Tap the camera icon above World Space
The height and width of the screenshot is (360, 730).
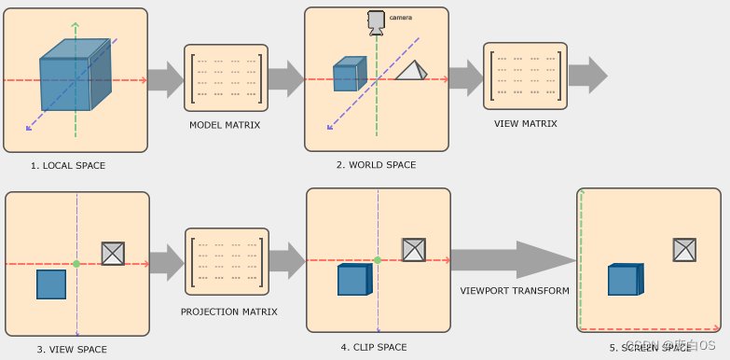[x=376, y=21]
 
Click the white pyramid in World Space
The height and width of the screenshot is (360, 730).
[x=410, y=71]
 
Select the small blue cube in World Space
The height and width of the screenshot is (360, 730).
[x=346, y=75]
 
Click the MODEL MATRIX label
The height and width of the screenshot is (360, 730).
[x=225, y=124]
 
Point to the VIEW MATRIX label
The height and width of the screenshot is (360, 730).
[x=525, y=123]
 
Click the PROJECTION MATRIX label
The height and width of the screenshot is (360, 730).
[x=228, y=311]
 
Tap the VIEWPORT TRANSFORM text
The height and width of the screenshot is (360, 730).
[x=515, y=291]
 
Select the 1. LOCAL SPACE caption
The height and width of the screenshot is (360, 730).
[x=68, y=165]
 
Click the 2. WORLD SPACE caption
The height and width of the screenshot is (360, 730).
[x=377, y=164]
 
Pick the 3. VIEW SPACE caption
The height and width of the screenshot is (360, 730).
[x=72, y=349]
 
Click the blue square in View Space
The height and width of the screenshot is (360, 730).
[x=51, y=284]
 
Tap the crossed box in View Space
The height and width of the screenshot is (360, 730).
[x=113, y=253]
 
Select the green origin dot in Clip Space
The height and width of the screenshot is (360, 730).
[x=377, y=260]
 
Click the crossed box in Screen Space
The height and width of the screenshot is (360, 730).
[x=684, y=249]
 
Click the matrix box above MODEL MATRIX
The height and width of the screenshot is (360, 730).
[x=226, y=78]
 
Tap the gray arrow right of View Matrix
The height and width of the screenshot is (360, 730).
[x=587, y=75]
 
